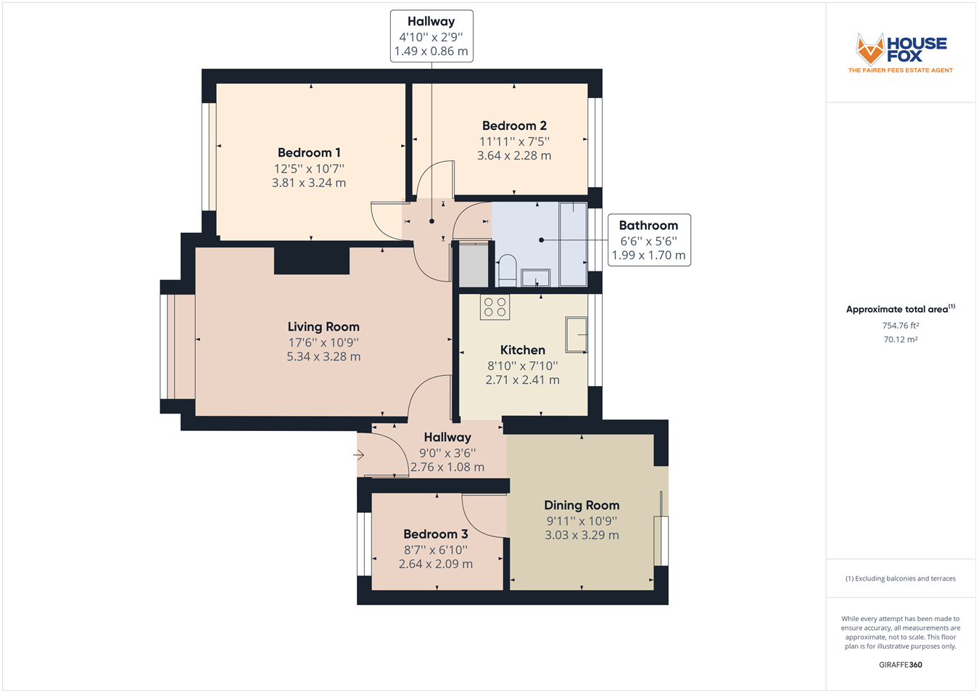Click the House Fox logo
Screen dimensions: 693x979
pyautogui.click(x=901, y=53)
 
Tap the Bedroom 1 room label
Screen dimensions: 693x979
pyautogui.click(x=309, y=152)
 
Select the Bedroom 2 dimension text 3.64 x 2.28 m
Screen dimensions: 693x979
pyautogui.click(x=514, y=155)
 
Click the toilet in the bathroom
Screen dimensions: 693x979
pyautogui.click(x=507, y=270)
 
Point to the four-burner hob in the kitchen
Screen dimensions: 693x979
pyautogui.click(x=495, y=307)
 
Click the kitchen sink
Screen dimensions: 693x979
pyautogui.click(x=577, y=335)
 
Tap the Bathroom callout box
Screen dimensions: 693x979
pyautogui.click(x=648, y=240)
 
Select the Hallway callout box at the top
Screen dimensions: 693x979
pyautogui.click(x=431, y=36)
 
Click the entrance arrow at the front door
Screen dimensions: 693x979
pyautogui.click(x=359, y=455)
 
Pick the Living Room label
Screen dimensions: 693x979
pyautogui.click(x=323, y=327)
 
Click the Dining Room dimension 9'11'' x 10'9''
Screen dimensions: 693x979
pyautogui.click(x=582, y=520)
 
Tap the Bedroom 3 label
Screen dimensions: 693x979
pyautogui.click(x=436, y=534)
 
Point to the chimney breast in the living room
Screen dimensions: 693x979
pyautogui.click(x=312, y=261)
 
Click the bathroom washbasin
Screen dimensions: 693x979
pyautogui.click(x=536, y=277)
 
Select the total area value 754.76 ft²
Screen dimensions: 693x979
pyautogui.click(x=900, y=326)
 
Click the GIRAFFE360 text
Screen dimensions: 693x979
pyautogui.click(x=901, y=665)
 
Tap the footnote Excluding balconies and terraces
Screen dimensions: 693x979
pyautogui.click(x=901, y=578)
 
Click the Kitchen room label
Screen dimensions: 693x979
pyautogui.click(x=522, y=350)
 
